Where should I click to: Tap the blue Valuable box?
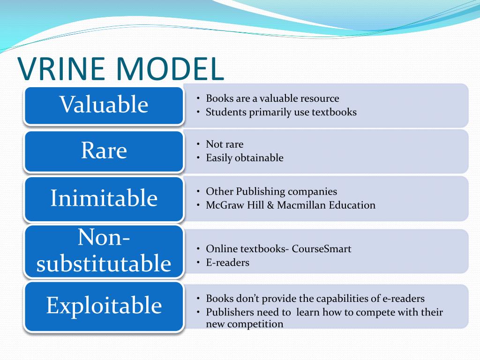104,105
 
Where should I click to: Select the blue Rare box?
104,151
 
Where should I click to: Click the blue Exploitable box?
104,306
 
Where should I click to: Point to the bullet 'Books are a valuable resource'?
272,98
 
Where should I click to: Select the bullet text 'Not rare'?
225,144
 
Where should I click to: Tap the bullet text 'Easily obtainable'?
245,158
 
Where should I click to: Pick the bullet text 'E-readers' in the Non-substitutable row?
227,262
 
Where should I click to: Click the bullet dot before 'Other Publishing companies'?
198,192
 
